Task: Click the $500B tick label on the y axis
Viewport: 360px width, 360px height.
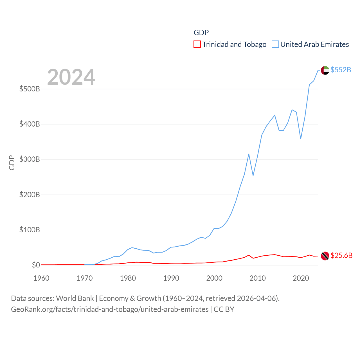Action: pos(30,89)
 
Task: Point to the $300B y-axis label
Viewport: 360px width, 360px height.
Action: pos(30,159)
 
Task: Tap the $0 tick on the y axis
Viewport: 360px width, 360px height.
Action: pos(36,265)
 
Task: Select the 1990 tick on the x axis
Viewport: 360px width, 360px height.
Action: pos(171,278)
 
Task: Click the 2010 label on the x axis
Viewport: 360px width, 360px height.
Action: pos(258,278)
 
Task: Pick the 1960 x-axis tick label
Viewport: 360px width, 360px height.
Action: pos(41,278)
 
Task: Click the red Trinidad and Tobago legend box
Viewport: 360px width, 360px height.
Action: pos(197,44)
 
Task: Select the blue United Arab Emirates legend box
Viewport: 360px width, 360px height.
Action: pos(275,44)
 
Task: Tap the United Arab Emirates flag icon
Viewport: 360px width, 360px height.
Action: pos(325,70)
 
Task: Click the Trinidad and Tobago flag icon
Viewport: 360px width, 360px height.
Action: pos(325,256)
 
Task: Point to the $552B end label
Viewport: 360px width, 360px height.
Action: pos(341,70)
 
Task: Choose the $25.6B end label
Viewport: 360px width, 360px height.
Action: pos(341,255)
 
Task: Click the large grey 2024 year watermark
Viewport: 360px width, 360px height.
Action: pos(71,77)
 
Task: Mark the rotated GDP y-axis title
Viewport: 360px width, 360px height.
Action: pos(12,163)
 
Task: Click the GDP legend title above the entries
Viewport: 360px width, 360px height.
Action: pos(201,33)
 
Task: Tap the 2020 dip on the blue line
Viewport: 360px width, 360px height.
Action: pos(301,139)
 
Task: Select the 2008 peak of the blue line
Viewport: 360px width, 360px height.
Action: pos(249,154)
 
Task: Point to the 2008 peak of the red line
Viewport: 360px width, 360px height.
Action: pos(249,255)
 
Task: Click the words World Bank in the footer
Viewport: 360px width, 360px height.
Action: pos(75,298)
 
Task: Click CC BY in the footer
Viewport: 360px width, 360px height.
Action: pos(224,309)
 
